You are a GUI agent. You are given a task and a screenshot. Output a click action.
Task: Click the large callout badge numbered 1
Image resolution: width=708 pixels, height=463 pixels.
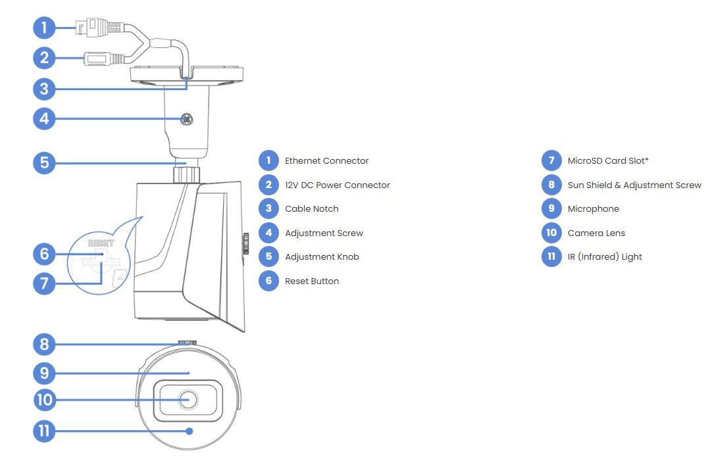44,28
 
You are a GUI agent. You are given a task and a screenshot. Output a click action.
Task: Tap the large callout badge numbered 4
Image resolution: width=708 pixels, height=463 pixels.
44,119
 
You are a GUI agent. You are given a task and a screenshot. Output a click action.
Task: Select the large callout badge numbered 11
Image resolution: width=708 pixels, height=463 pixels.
44,431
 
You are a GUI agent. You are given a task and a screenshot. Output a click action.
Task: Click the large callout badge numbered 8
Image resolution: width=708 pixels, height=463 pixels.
44,344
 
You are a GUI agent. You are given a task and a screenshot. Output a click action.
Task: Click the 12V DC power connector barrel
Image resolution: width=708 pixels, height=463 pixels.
97,59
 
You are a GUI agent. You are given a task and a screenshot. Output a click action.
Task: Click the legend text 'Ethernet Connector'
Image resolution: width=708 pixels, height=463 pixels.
326,160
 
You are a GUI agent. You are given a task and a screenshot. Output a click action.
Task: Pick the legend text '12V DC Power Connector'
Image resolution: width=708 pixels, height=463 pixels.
337,185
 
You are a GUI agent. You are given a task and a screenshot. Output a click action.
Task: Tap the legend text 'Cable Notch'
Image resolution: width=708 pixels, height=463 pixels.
311,208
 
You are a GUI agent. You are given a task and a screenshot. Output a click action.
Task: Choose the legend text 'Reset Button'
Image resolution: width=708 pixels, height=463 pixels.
311,281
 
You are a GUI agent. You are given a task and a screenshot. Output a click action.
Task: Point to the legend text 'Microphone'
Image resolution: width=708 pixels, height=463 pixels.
593,208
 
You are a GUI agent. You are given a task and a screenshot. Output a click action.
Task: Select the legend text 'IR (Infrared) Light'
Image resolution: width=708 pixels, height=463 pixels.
604,256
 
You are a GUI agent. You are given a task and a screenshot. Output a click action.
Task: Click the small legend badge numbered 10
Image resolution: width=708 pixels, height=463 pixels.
551,233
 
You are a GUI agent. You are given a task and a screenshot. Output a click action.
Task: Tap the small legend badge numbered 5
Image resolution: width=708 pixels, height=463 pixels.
268,256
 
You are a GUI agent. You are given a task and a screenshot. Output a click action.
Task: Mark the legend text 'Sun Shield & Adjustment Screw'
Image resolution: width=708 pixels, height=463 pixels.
634,185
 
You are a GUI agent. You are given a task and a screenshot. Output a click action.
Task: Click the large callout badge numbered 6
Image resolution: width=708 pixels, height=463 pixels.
44,254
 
